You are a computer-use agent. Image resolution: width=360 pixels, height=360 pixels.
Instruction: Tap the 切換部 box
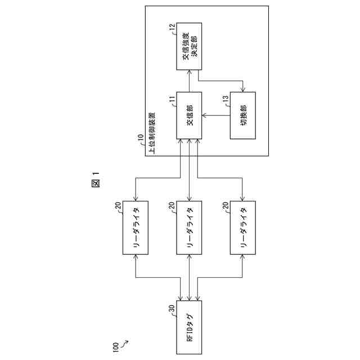click(242, 115)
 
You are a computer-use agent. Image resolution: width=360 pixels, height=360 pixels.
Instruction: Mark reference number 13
click(224, 98)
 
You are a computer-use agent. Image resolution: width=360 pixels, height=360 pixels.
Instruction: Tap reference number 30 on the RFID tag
click(171, 308)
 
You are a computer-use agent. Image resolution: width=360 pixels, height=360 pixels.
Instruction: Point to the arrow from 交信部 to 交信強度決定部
click(190, 80)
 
